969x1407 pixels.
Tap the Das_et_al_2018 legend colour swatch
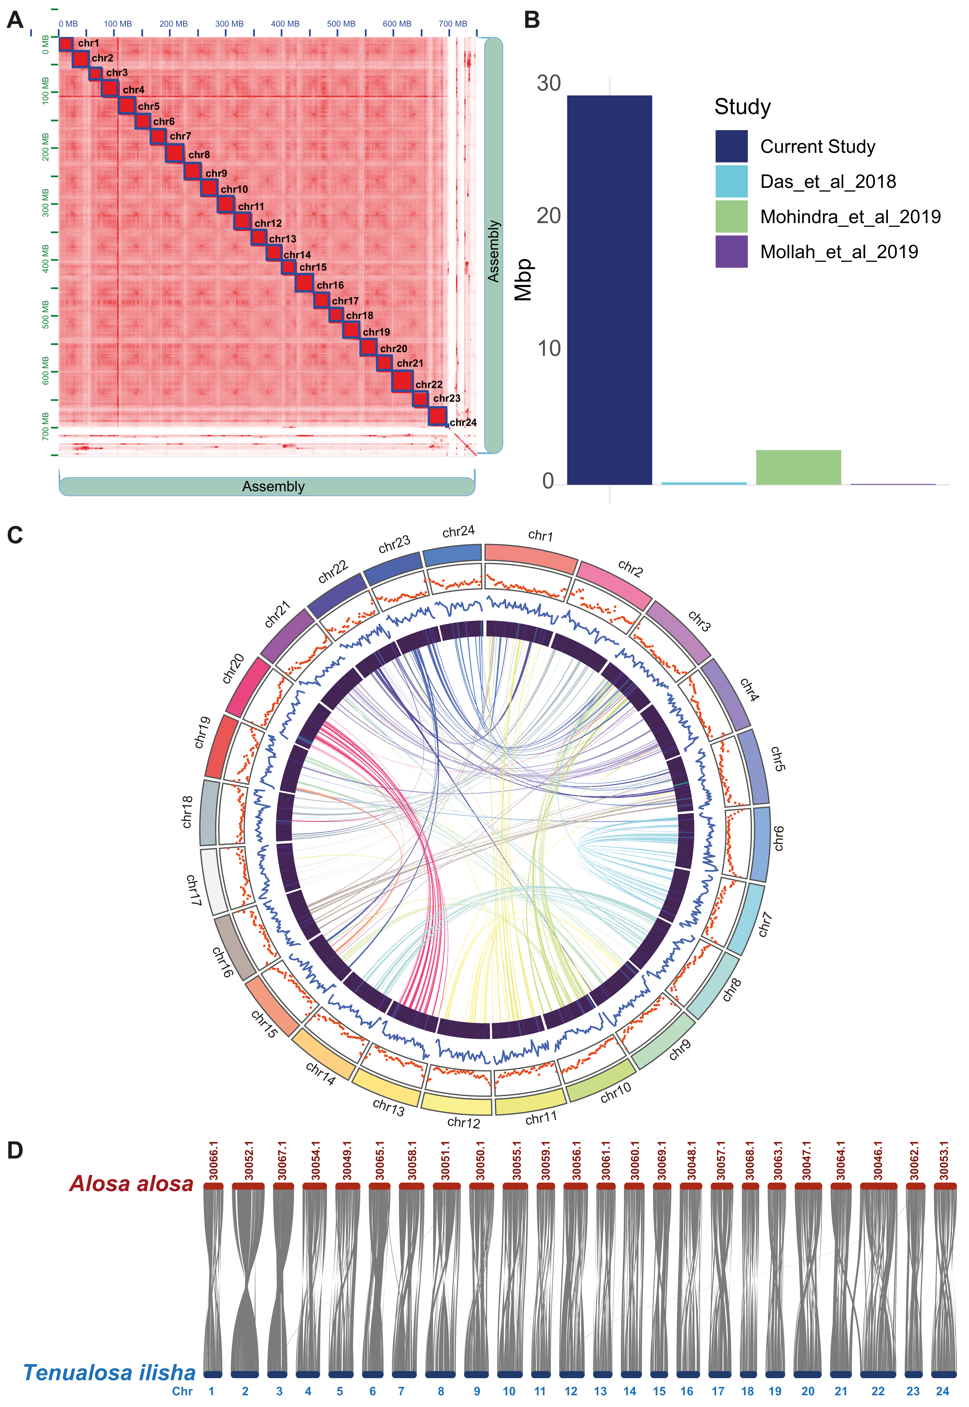[x=731, y=182]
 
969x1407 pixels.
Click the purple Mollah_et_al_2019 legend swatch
[x=731, y=251]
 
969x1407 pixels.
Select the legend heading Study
[x=742, y=107]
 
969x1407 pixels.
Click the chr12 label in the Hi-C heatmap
[x=268, y=224]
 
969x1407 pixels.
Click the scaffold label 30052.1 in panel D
[x=248, y=1161]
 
